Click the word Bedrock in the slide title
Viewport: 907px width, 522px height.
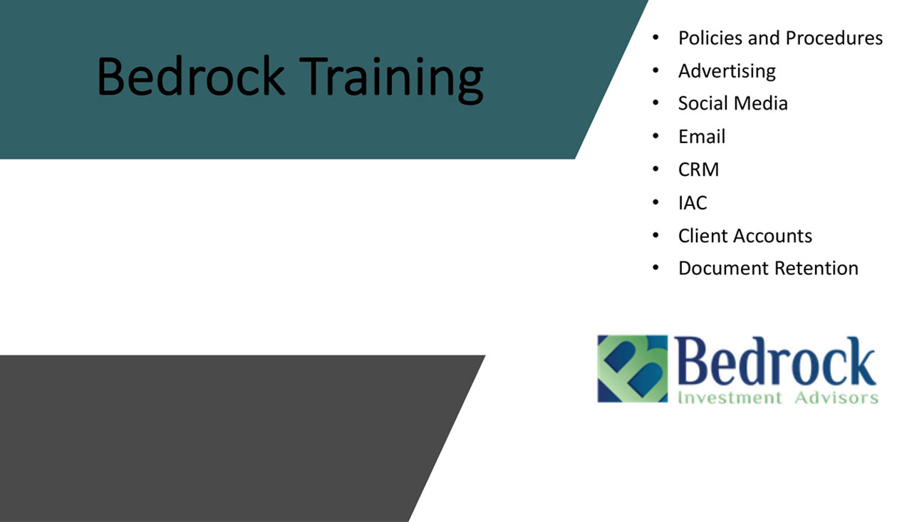pyautogui.click(x=191, y=76)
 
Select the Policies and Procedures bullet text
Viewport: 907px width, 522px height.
pyautogui.click(x=780, y=38)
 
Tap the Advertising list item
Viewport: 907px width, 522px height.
pyautogui.click(x=727, y=72)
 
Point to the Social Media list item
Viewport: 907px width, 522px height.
pyautogui.click(x=733, y=103)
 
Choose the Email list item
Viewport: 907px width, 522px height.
pyautogui.click(x=702, y=136)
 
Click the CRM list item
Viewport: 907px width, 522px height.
pyautogui.click(x=698, y=169)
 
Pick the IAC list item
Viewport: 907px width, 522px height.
pyautogui.click(x=693, y=203)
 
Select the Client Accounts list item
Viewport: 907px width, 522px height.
pyautogui.click(x=745, y=236)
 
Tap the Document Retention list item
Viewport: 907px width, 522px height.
pyautogui.click(x=768, y=268)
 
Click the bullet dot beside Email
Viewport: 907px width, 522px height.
pyautogui.click(x=655, y=136)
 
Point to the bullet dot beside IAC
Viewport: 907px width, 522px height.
pyautogui.click(x=655, y=202)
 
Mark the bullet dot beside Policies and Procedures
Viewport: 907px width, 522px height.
pyautogui.click(x=655, y=38)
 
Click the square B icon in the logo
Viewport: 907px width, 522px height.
pyautogui.click(x=633, y=369)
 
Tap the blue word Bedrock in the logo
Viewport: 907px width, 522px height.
pyautogui.click(x=775, y=361)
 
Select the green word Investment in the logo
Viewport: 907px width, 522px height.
pyautogui.click(x=730, y=397)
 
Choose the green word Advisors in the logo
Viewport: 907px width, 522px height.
pyautogui.click(x=836, y=397)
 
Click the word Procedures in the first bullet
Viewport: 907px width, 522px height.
pyautogui.click(x=834, y=38)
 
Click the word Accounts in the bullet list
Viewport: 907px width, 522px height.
pyautogui.click(x=772, y=236)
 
